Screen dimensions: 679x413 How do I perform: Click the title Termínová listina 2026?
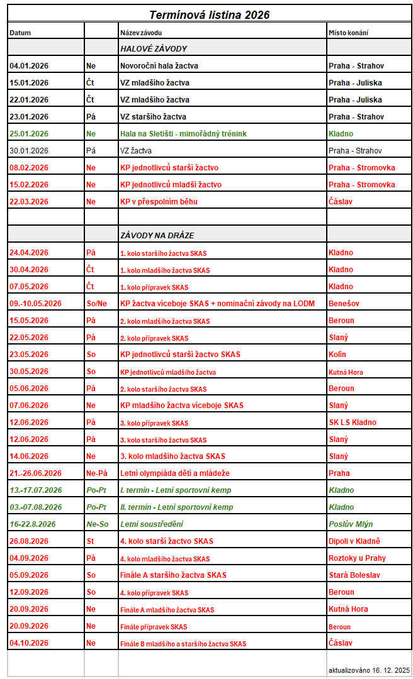pos(210,14)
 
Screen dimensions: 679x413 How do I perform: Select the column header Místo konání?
pos(348,32)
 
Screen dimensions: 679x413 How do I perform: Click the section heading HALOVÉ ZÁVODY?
pos(154,48)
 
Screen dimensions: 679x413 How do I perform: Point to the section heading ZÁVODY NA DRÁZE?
pos(157,235)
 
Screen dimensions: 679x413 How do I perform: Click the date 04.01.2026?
pos(29,65)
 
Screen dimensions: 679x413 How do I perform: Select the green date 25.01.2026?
pos(29,133)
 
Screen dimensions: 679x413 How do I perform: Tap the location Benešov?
pos(344,303)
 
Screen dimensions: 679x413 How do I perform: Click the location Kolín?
pos(337,354)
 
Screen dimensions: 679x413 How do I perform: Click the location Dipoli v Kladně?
pos(354,541)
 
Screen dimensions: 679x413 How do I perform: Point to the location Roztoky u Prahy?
pos(357,558)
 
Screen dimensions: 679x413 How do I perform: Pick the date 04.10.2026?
pos(29,643)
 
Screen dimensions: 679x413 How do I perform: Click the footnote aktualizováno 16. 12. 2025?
pos(369,670)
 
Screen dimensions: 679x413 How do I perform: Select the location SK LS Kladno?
pos(353,422)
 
